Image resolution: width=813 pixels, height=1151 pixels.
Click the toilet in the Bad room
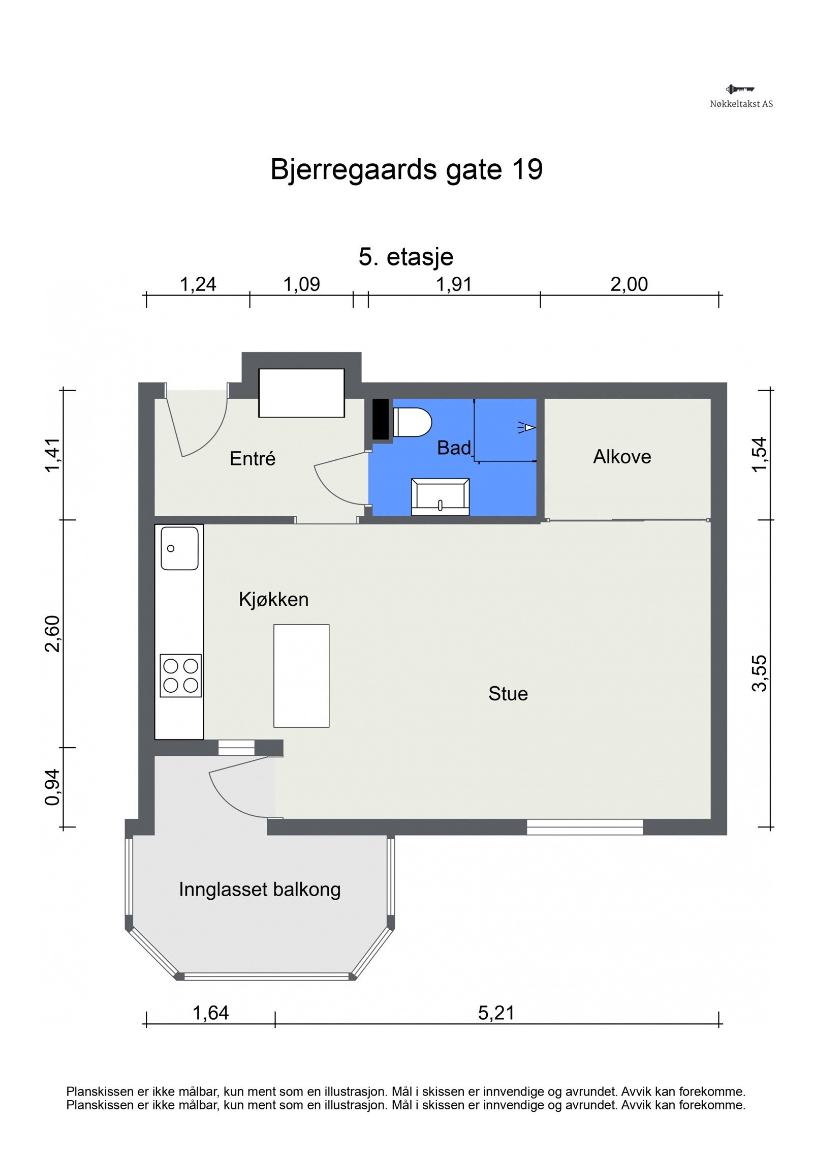[412, 422]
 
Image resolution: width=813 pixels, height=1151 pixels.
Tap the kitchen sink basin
[179, 548]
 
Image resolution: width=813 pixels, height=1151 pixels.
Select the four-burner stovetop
[180, 675]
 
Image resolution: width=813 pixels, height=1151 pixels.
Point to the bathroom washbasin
[440, 496]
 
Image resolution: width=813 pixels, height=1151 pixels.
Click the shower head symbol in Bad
[528, 427]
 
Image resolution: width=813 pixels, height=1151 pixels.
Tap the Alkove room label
[622, 457]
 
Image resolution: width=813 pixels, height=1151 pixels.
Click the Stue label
[508, 694]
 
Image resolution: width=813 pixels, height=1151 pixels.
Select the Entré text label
[252, 459]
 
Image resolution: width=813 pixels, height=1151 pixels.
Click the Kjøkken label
[273, 600]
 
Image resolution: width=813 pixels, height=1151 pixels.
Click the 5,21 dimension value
[496, 1013]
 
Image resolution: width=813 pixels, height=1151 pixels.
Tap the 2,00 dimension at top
[629, 284]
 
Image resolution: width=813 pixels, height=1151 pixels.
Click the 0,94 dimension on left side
[52, 787]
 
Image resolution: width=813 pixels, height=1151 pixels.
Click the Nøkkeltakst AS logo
[741, 96]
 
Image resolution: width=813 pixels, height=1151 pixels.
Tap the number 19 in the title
[527, 169]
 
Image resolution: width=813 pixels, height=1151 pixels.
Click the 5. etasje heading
[405, 257]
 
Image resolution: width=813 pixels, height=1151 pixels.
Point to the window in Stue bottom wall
[584, 827]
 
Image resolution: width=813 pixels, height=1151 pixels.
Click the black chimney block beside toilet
[381, 419]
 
